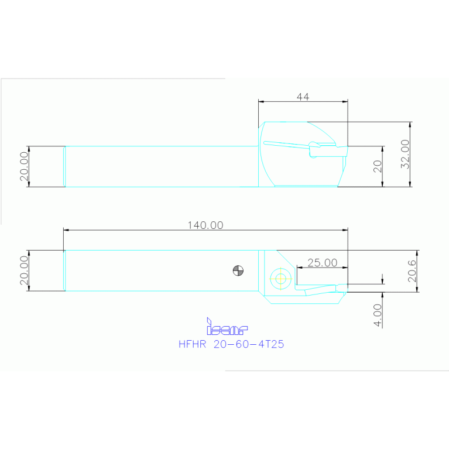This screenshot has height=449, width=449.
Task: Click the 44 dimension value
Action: [x=302, y=97]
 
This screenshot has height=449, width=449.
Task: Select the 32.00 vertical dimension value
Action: [x=405, y=155]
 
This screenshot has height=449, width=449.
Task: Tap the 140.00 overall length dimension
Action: [x=205, y=225]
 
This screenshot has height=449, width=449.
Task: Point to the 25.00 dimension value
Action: [x=322, y=263]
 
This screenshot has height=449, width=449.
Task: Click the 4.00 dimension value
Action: [x=378, y=314]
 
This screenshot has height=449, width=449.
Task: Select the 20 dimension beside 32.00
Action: [x=378, y=166]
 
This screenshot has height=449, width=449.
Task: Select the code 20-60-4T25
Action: [x=249, y=345]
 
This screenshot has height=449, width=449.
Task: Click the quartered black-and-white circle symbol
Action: [x=238, y=270]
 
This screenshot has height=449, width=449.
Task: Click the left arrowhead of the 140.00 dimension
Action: [x=66, y=230]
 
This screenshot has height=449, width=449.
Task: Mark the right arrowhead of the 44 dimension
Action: [x=345, y=101]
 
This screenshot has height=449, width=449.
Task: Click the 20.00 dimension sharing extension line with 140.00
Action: [x=24, y=270]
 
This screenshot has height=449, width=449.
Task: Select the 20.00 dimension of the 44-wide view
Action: [x=24, y=167]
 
